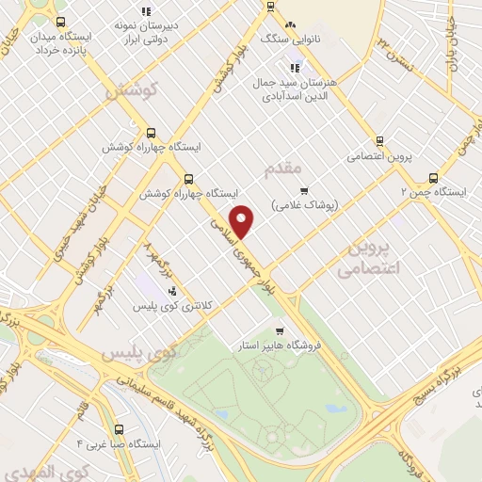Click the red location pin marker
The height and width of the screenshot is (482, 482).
point(242,221)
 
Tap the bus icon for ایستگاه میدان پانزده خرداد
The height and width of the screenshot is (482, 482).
point(61,22)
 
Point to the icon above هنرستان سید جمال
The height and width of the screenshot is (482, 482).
point(296,67)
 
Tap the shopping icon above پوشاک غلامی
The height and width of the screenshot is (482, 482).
point(303,189)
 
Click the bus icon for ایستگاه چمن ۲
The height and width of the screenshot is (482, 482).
point(433,176)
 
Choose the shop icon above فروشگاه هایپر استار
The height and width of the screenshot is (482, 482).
point(280,330)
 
